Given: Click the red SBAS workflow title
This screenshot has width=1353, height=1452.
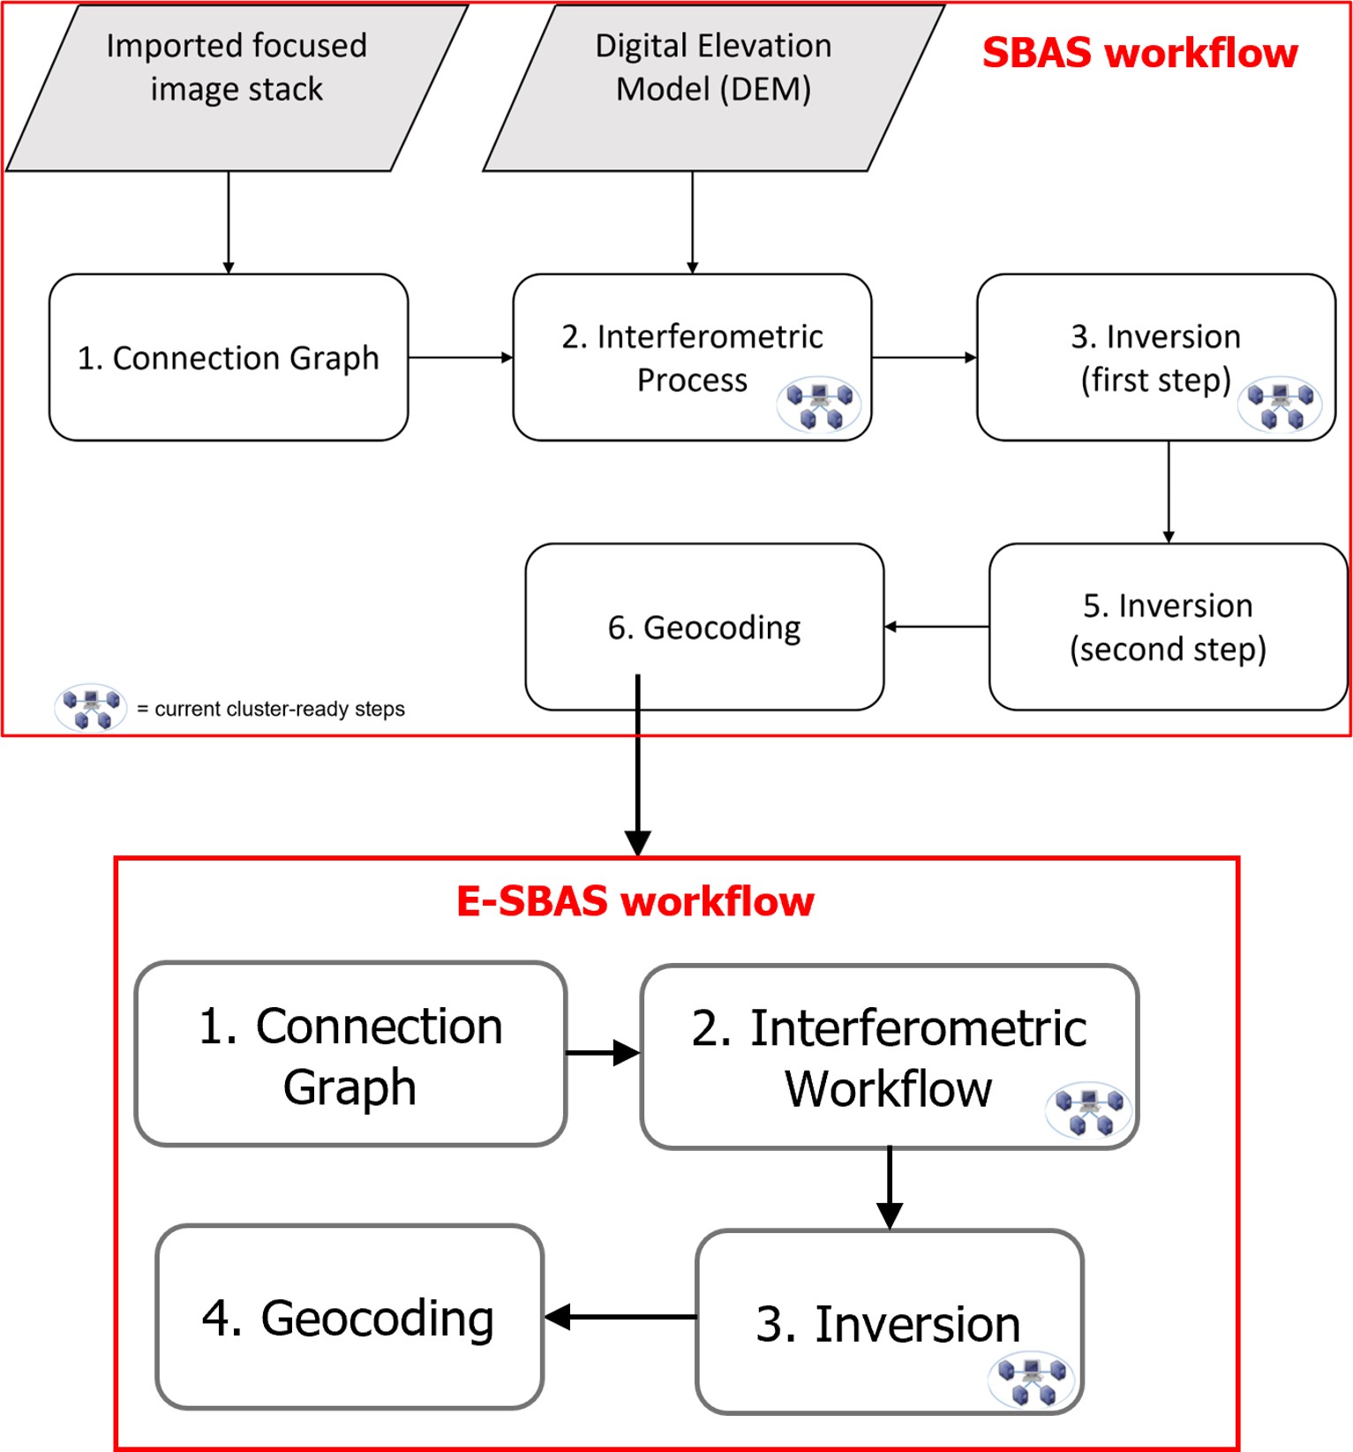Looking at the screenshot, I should pyautogui.click(x=1139, y=53).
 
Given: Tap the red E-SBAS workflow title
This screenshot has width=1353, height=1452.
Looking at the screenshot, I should pyautogui.click(x=635, y=901).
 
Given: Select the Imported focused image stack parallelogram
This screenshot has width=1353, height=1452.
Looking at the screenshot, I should pyautogui.click(x=237, y=88).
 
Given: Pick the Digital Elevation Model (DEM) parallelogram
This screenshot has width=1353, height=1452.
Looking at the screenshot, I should pyautogui.click(x=713, y=88).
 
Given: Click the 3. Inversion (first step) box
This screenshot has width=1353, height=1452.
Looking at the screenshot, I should pyautogui.click(x=1155, y=357).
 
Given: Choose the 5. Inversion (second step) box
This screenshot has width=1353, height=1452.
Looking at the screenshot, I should pyautogui.click(x=1168, y=627).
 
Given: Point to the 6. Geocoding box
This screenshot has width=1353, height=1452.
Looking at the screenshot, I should pyautogui.click(x=704, y=627).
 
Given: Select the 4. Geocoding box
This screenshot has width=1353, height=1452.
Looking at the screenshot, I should pyautogui.click(x=350, y=1317).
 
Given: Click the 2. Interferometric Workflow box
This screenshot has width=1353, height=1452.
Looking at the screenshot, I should pyautogui.click(x=889, y=1057).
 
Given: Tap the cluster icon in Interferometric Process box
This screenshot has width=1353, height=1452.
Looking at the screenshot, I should pyautogui.click(x=819, y=405).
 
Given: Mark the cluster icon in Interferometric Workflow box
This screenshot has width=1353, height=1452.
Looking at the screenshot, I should pyautogui.click(x=1088, y=1110).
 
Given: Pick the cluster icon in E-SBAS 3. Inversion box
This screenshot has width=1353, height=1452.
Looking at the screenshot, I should pyautogui.click(x=1032, y=1381).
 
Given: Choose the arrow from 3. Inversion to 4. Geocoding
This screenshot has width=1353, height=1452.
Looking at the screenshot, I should pyautogui.click(x=620, y=1317).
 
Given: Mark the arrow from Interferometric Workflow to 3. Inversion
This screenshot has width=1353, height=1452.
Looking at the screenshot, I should pyautogui.click(x=890, y=1188).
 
